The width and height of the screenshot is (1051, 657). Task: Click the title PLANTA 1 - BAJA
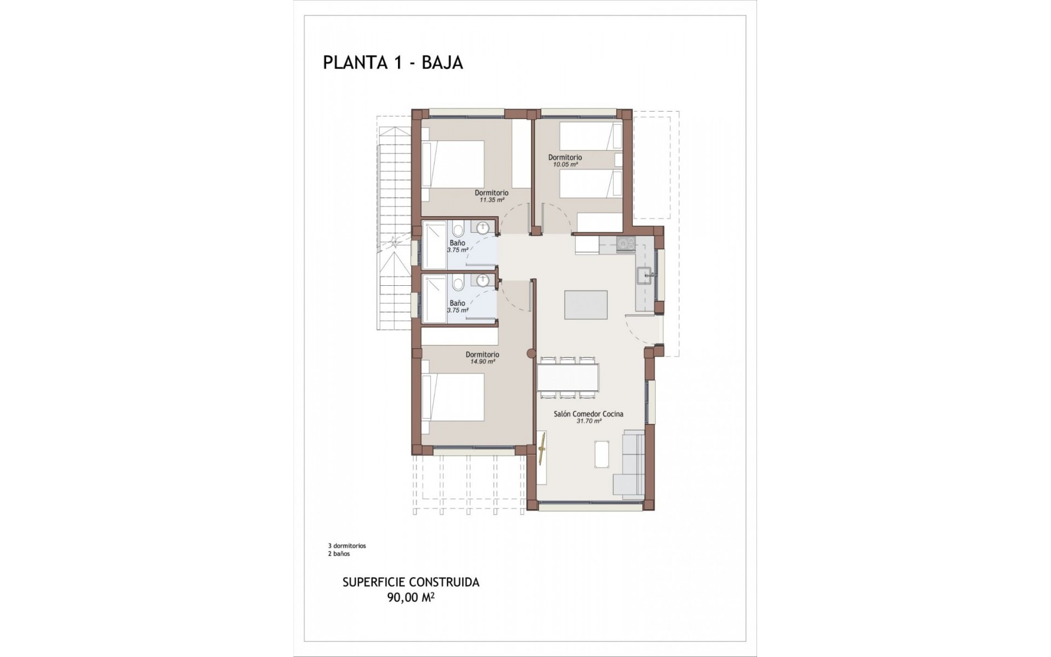393,62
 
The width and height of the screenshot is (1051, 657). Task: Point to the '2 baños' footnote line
339,554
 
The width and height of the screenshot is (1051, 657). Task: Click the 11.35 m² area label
492,200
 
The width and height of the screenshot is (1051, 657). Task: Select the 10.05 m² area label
565,164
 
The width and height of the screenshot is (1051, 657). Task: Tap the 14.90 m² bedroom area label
482,361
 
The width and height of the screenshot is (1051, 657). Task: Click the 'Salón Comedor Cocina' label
588,414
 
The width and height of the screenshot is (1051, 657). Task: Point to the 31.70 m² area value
588,421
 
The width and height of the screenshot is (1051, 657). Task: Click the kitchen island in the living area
586,305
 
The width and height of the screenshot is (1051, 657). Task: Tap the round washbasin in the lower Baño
482,280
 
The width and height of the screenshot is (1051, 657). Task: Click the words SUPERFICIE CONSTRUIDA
411,582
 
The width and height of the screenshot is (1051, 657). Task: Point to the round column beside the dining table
529,354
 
